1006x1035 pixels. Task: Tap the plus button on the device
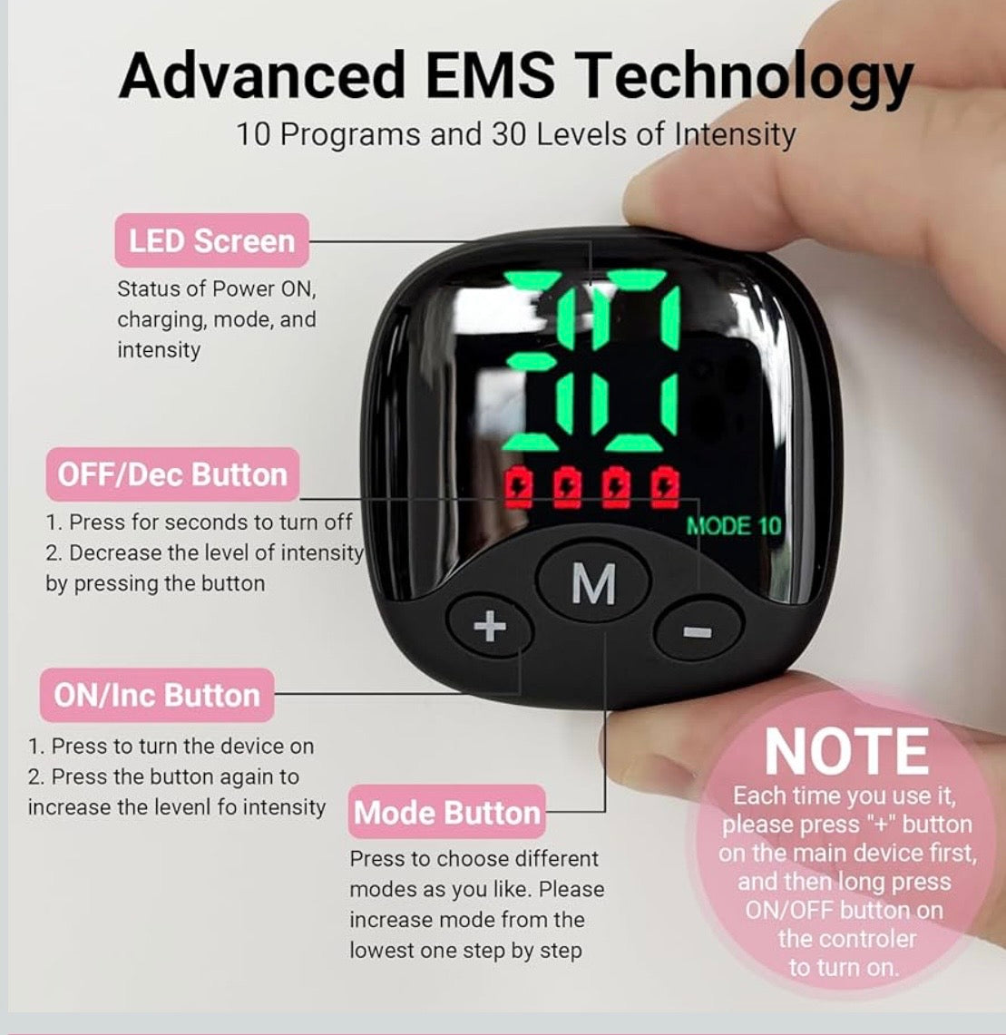[x=489, y=625]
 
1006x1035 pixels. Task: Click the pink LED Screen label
[x=212, y=241]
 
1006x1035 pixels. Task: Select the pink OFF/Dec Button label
[x=172, y=474]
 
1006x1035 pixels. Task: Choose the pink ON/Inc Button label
[x=157, y=695]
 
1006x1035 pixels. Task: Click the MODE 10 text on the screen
[x=733, y=526]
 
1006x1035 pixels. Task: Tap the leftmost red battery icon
[x=518, y=488]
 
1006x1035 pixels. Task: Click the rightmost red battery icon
[x=664, y=488]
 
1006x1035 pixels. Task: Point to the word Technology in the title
[x=744, y=79]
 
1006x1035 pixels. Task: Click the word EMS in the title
[x=490, y=74]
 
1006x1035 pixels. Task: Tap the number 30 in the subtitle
[x=509, y=134]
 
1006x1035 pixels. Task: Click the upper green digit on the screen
[x=592, y=310]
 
